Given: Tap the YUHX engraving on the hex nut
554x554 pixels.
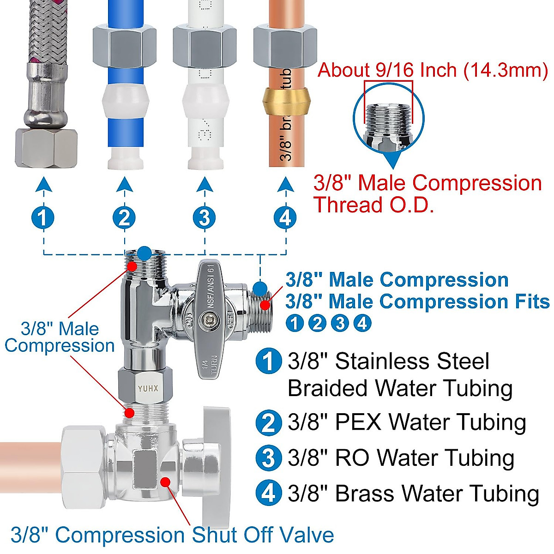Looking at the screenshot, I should [x=148, y=389].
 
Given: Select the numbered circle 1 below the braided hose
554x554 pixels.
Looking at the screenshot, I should [x=43, y=217].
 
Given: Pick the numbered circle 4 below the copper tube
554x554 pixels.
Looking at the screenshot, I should [x=285, y=217].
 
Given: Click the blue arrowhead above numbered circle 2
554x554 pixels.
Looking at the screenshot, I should [x=124, y=184].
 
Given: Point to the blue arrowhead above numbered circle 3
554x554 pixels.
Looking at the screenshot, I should [x=205, y=184].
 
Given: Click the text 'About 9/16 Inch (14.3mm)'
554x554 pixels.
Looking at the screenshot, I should [x=433, y=70].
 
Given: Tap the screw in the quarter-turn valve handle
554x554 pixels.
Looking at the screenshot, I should [x=208, y=318].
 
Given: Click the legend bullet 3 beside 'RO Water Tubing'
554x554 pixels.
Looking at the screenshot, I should [x=268, y=458].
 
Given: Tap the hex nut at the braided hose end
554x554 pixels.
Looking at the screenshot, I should [x=46, y=148].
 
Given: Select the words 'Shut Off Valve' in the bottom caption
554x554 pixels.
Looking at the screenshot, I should [x=263, y=535].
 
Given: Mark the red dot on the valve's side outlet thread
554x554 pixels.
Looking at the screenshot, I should [x=265, y=305].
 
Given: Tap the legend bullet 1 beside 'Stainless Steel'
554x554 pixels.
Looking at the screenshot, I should [x=268, y=361].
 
